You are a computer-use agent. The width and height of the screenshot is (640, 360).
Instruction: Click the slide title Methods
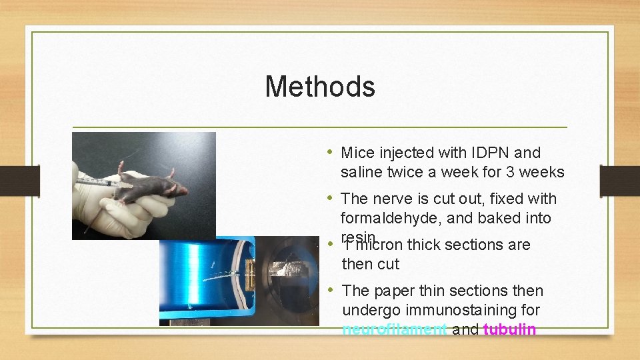[320, 87]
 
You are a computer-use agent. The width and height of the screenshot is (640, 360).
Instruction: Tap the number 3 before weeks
[510, 172]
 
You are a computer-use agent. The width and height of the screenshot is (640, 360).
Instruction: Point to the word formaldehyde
[388, 218]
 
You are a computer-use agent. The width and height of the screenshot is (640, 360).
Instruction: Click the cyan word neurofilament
[395, 329]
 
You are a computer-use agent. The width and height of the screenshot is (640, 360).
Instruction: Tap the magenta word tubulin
[509, 329]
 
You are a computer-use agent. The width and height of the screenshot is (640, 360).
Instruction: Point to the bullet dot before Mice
[331, 153]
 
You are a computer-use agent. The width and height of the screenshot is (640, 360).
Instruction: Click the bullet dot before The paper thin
[331, 291]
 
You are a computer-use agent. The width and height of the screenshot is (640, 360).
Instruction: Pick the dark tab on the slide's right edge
[619, 179]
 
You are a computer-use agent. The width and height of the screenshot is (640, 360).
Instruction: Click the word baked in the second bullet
[506, 218]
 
